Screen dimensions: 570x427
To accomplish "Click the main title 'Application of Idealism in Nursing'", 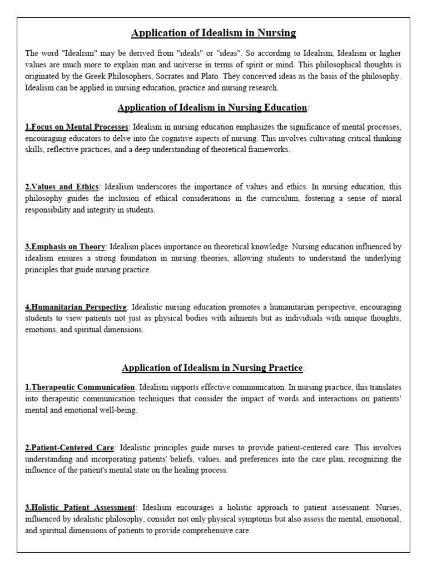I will coord(213,33).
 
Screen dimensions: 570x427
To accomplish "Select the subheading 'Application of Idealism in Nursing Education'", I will coord(212,107).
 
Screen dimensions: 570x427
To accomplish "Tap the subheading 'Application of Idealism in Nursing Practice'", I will coord(212,367).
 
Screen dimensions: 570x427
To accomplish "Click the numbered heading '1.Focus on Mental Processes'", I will coord(77,127).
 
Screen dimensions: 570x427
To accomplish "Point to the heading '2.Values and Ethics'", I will coord(62,186).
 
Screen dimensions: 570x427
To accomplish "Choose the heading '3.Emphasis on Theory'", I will coord(65,247).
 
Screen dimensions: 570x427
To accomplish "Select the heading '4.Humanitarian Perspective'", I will coord(76,307).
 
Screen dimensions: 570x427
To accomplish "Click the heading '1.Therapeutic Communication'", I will coord(80,387).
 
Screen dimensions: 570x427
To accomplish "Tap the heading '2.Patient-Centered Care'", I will coord(70,447).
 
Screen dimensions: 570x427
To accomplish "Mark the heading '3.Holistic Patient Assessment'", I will coord(80,507).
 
